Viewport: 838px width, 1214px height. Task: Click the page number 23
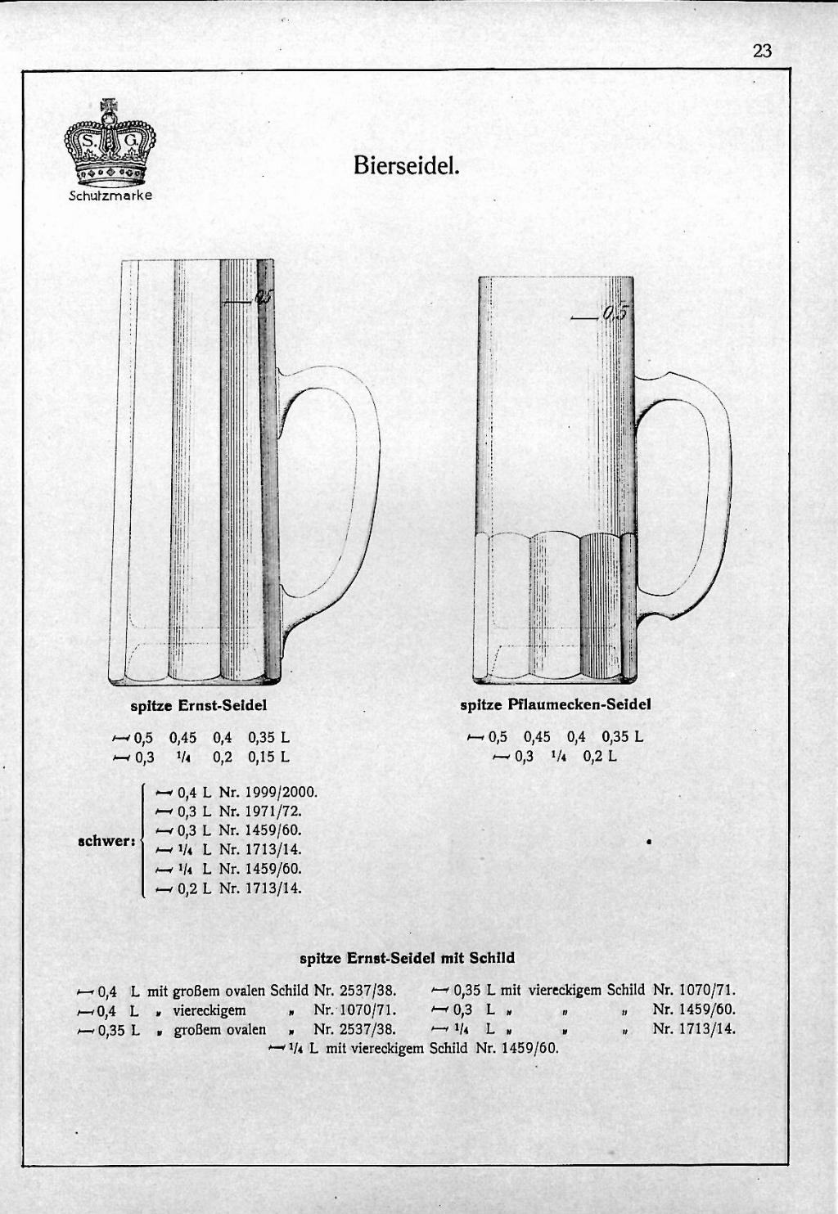[761, 51]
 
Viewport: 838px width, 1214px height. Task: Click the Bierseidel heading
[407, 165]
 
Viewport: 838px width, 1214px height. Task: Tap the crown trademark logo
[110, 146]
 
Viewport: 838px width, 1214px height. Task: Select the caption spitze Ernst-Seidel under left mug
[199, 704]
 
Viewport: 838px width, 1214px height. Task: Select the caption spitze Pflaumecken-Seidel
[555, 704]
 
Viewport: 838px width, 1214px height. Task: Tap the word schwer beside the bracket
[105, 840]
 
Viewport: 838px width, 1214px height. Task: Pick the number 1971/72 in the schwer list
[273, 811]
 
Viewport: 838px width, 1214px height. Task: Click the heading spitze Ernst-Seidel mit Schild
[408, 957]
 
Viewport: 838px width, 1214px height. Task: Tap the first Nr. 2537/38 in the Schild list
[354, 992]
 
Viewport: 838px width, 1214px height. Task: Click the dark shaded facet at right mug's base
[599, 605]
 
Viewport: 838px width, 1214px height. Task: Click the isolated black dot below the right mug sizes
[648, 841]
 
